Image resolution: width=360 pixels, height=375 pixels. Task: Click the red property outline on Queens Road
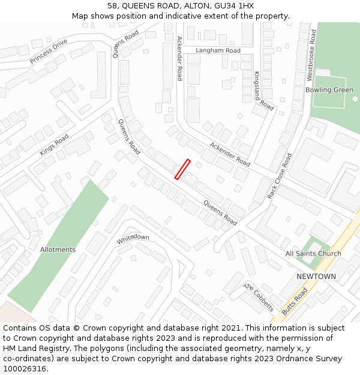tap(182, 169)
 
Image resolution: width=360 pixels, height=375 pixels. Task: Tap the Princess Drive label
tap(49, 52)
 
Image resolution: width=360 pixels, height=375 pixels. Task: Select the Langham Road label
tap(218, 50)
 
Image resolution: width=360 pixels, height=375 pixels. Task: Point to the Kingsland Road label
tap(263, 91)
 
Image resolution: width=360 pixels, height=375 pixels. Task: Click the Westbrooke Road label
tap(311, 55)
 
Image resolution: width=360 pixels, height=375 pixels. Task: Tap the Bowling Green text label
tap(329, 90)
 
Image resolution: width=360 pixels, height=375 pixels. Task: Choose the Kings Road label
tap(55, 145)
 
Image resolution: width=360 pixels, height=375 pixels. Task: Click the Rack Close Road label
tap(280, 176)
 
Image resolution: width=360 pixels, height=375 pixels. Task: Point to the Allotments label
tap(58, 250)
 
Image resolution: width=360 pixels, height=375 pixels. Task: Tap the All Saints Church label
tap(313, 254)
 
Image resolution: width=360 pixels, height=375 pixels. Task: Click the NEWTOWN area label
tap(316, 276)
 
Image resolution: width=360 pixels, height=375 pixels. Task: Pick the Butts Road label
tap(294, 301)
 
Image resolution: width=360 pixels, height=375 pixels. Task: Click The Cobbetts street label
tap(259, 296)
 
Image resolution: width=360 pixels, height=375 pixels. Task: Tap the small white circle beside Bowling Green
tap(355, 98)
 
